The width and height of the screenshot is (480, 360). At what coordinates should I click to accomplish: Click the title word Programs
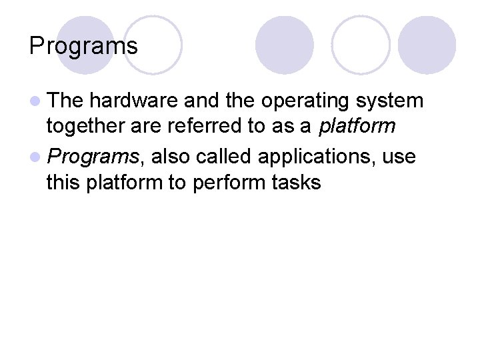(83, 46)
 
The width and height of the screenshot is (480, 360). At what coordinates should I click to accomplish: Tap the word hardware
(134, 101)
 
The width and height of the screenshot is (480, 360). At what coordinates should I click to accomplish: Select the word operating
(305, 101)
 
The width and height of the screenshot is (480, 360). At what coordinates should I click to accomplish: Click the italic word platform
(357, 126)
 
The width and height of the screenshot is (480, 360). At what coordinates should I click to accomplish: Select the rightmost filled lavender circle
(427, 45)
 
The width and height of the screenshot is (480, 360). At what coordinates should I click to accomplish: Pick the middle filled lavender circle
(284, 45)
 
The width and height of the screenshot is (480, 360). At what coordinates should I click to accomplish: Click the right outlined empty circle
(361, 45)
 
